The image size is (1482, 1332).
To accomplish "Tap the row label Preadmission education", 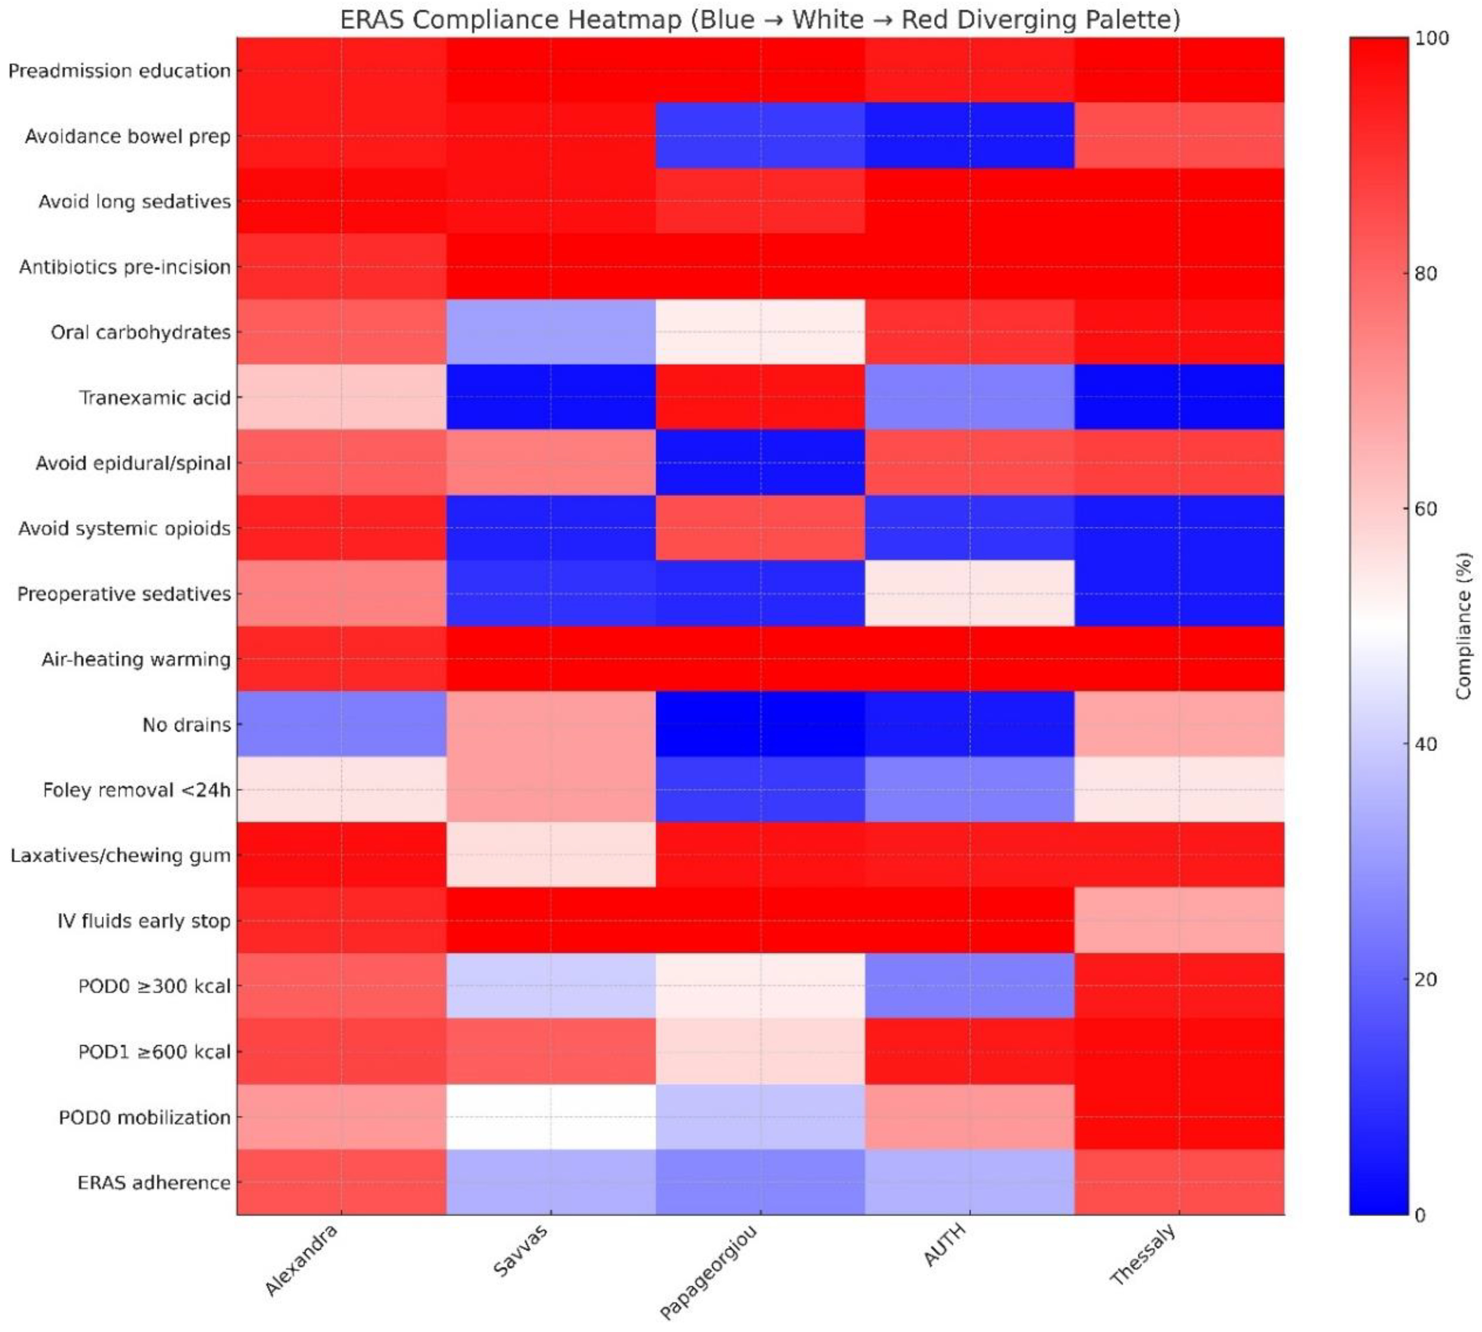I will [119, 70].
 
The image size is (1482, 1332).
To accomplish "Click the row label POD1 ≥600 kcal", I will [155, 1052].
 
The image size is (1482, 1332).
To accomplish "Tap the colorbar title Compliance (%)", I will [1462, 626].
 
